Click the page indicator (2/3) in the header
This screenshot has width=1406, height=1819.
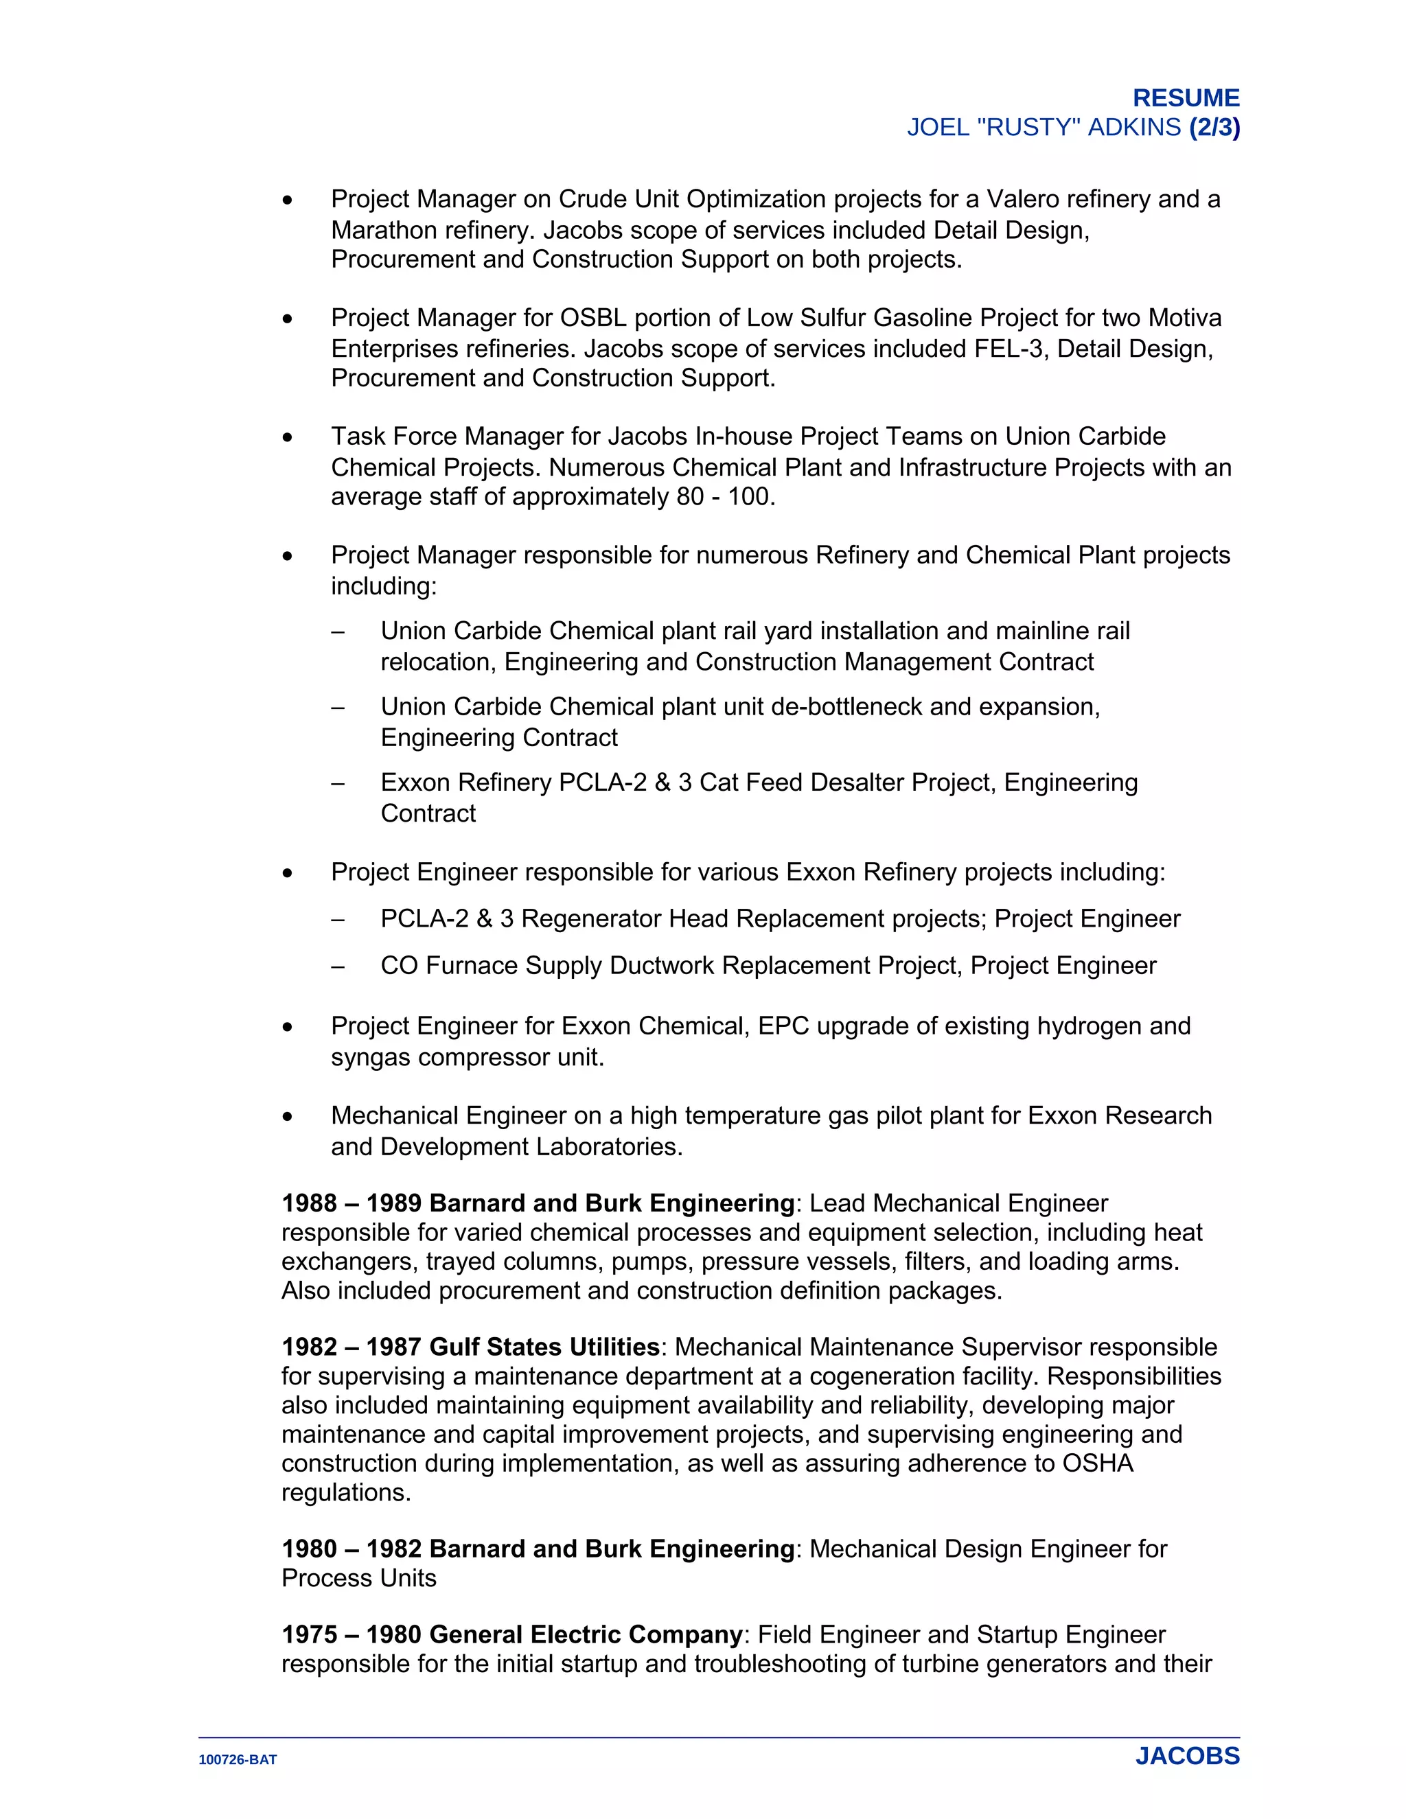click(1214, 128)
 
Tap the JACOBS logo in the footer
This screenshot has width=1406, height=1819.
click(1187, 1756)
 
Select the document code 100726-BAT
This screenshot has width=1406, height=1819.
click(238, 1760)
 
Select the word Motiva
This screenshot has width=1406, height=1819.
click(1184, 318)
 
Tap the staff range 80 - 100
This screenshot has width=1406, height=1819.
click(724, 497)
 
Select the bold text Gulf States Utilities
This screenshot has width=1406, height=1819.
click(544, 1347)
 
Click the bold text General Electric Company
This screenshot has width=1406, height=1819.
click(586, 1635)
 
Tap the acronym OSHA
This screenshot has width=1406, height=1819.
click(1097, 1463)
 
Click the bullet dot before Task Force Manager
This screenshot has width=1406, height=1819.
click(288, 438)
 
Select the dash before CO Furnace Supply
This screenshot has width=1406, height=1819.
click(337, 967)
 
